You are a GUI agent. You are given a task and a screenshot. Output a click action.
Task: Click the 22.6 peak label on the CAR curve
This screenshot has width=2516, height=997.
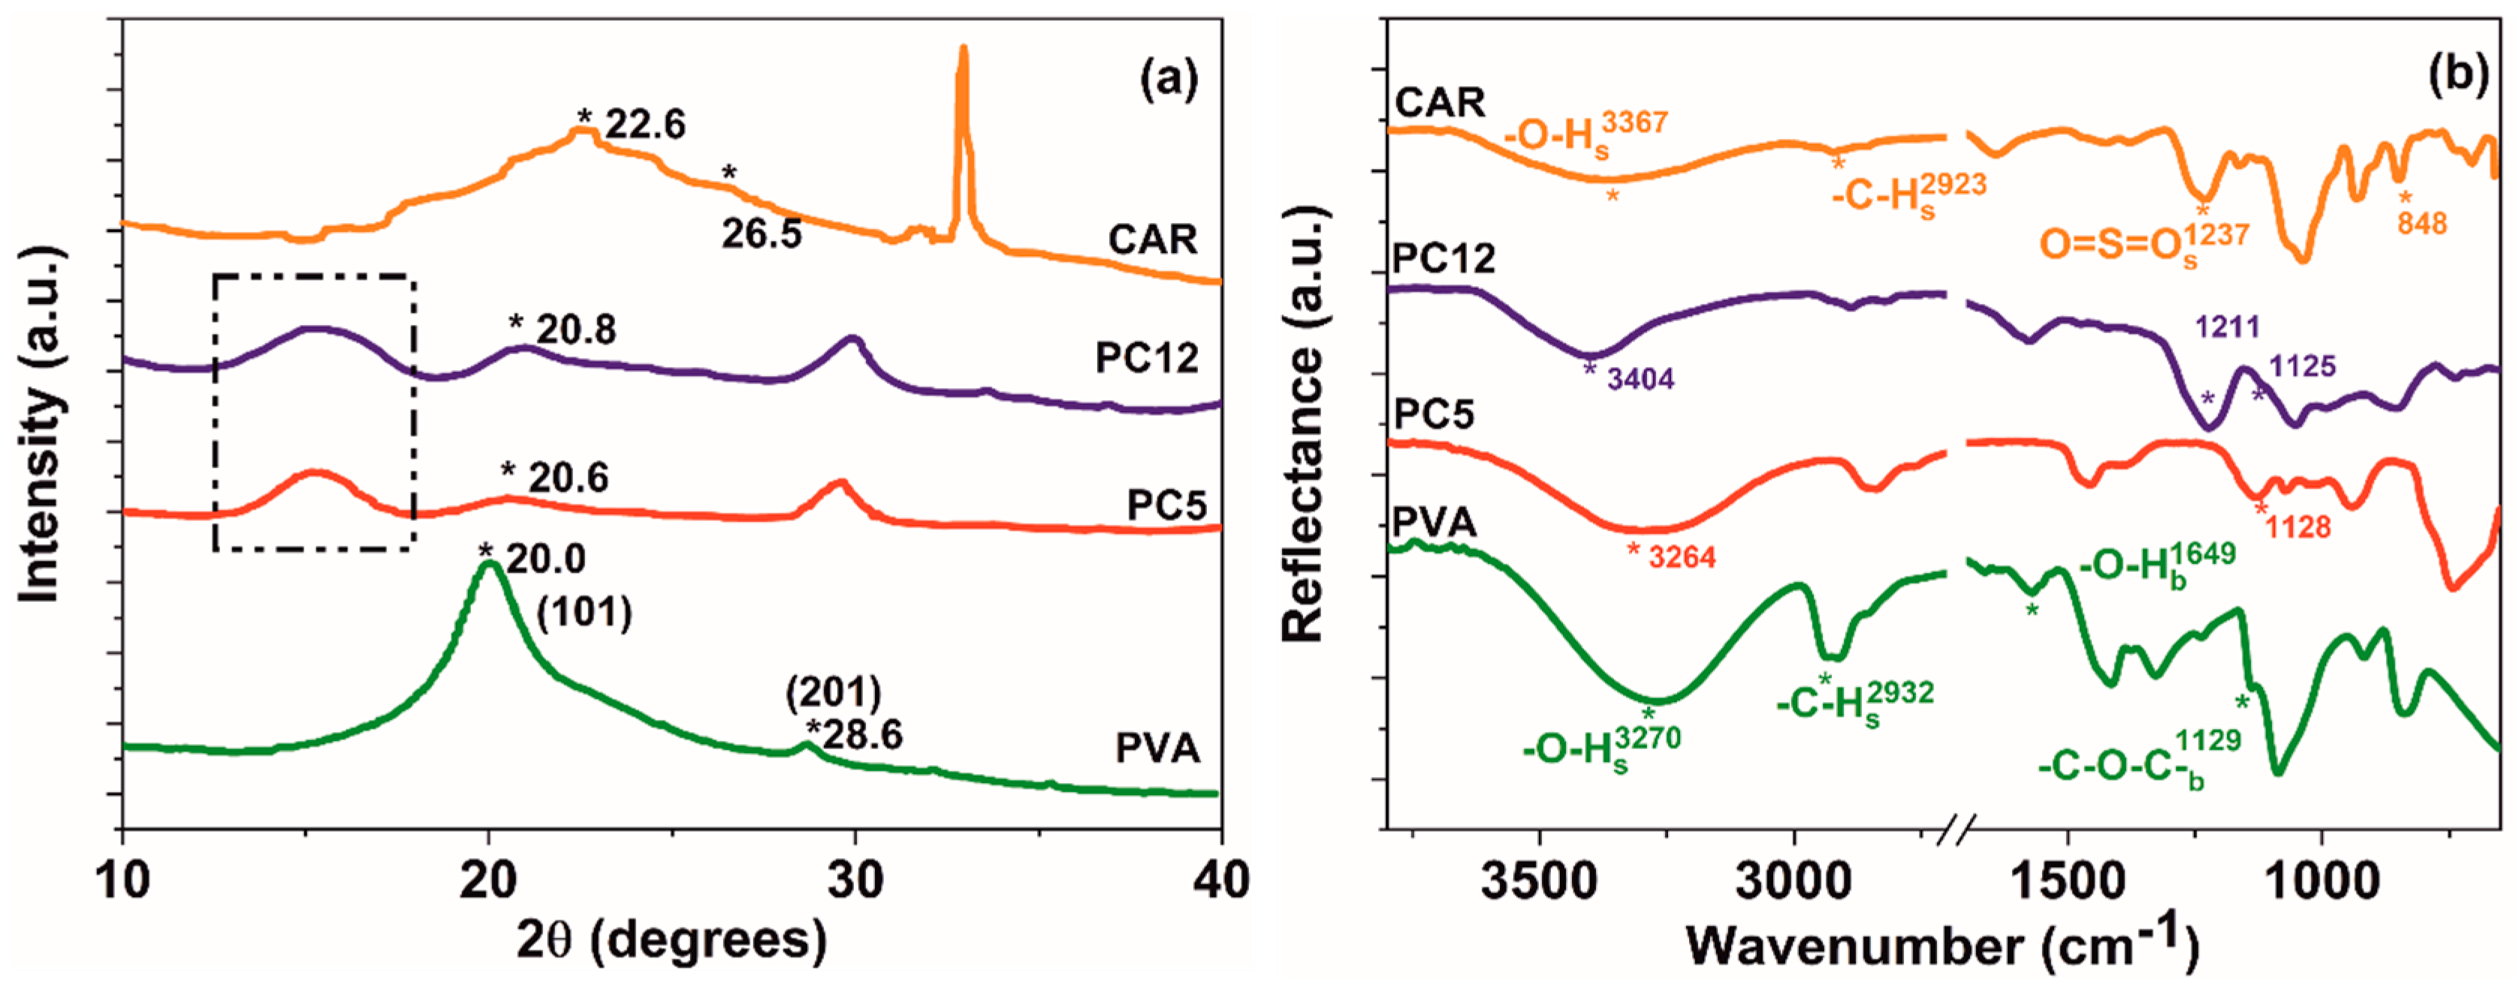644,125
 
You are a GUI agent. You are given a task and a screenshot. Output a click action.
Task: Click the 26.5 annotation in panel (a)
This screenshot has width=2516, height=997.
761,234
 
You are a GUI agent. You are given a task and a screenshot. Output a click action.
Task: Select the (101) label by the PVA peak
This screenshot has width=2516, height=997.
584,613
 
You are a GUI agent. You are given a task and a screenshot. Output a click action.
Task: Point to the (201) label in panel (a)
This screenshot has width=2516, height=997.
833,693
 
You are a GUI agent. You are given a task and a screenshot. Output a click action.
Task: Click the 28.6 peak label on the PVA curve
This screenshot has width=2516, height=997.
861,734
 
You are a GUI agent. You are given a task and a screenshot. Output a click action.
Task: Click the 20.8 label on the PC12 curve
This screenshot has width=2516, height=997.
576,330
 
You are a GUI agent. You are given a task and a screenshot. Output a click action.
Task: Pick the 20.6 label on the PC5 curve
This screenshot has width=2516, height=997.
568,477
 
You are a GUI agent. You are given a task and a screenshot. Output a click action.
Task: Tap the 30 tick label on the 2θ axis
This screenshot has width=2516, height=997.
855,882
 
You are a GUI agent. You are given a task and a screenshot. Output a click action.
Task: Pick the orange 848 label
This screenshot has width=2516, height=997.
2422,224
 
